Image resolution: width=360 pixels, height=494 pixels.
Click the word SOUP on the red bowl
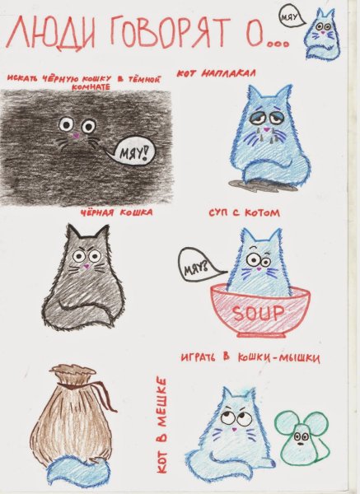pyautogui.click(x=258, y=313)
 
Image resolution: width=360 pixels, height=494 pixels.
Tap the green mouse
pyautogui.click(x=302, y=439)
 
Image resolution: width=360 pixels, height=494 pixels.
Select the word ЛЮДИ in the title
pyautogui.click(x=51, y=34)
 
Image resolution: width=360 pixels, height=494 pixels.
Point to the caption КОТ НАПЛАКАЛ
pyautogui.click(x=217, y=74)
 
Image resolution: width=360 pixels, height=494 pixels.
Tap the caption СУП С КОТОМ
pyautogui.click(x=245, y=213)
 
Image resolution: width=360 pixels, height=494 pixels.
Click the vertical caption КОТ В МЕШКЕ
pyautogui.click(x=161, y=426)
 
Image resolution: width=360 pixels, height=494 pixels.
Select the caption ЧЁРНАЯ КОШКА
pyautogui.click(x=116, y=212)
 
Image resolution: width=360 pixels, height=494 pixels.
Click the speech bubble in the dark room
pyautogui.click(x=132, y=152)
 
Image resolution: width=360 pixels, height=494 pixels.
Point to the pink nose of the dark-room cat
pyautogui.click(x=76, y=136)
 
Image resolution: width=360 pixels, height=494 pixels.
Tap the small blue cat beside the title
pyautogui.click(x=322, y=35)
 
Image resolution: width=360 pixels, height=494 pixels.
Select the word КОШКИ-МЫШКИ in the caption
pyautogui.click(x=278, y=358)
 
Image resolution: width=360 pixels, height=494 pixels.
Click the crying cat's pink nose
pyautogui.click(x=267, y=129)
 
